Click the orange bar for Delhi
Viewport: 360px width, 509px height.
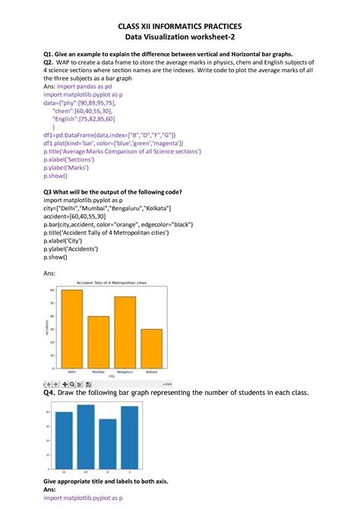[x=71, y=327]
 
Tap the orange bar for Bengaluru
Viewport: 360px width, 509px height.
[x=125, y=331]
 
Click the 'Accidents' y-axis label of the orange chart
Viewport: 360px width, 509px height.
[x=49, y=327]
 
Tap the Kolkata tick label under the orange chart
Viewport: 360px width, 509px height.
[x=151, y=371]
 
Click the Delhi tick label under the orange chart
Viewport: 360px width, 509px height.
[x=71, y=371]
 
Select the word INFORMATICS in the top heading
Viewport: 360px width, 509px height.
[x=179, y=25]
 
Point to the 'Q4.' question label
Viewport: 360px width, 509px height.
[x=51, y=393]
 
